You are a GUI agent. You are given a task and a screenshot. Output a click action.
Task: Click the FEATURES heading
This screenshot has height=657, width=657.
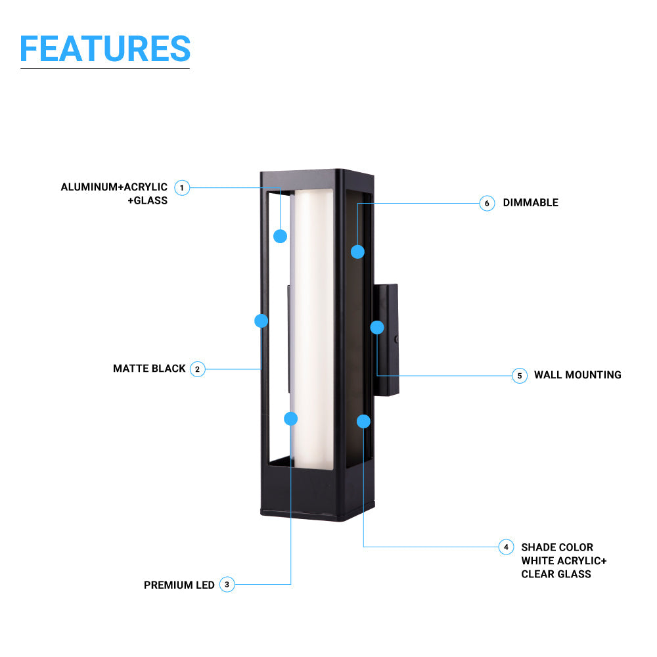[105, 49]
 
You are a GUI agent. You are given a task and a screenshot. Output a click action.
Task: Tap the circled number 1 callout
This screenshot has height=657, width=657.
[182, 188]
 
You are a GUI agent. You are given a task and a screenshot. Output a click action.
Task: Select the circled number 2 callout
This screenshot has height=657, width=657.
[197, 369]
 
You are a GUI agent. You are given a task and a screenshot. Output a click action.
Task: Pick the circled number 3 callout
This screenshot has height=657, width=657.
[227, 585]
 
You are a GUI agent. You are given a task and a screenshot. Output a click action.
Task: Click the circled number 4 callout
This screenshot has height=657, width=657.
[506, 547]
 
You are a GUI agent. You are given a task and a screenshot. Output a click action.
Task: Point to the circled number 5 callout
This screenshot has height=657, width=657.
[520, 375]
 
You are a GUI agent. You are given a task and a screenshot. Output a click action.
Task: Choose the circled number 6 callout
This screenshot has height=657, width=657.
[487, 203]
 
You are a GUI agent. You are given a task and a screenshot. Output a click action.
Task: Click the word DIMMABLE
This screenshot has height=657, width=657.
[530, 203]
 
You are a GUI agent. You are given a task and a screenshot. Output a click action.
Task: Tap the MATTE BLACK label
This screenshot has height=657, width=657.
[149, 369]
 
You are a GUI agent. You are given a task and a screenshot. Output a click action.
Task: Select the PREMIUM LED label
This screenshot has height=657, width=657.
[179, 585]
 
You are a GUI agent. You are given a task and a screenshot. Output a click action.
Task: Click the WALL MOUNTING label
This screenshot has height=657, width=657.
[578, 374]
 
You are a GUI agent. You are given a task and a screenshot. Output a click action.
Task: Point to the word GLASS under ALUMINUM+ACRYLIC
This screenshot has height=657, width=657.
[150, 200]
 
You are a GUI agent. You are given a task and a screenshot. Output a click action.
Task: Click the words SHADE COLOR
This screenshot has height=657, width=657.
[557, 547]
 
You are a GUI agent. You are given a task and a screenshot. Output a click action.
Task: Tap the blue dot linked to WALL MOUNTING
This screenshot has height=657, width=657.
[377, 327]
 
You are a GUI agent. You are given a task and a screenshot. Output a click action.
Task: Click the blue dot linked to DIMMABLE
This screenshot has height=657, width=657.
[357, 252]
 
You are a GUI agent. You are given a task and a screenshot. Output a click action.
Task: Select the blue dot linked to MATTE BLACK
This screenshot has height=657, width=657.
[261, 321]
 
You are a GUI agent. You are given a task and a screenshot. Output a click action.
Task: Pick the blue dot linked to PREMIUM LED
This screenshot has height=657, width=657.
[291, 419]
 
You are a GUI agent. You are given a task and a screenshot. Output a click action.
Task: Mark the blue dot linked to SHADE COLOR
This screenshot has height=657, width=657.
[363, 421]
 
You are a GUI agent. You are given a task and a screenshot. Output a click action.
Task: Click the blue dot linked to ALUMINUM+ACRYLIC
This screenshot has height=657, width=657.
[281, 236]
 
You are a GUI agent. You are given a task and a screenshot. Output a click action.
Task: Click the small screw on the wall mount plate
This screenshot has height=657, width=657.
[396, 340]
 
